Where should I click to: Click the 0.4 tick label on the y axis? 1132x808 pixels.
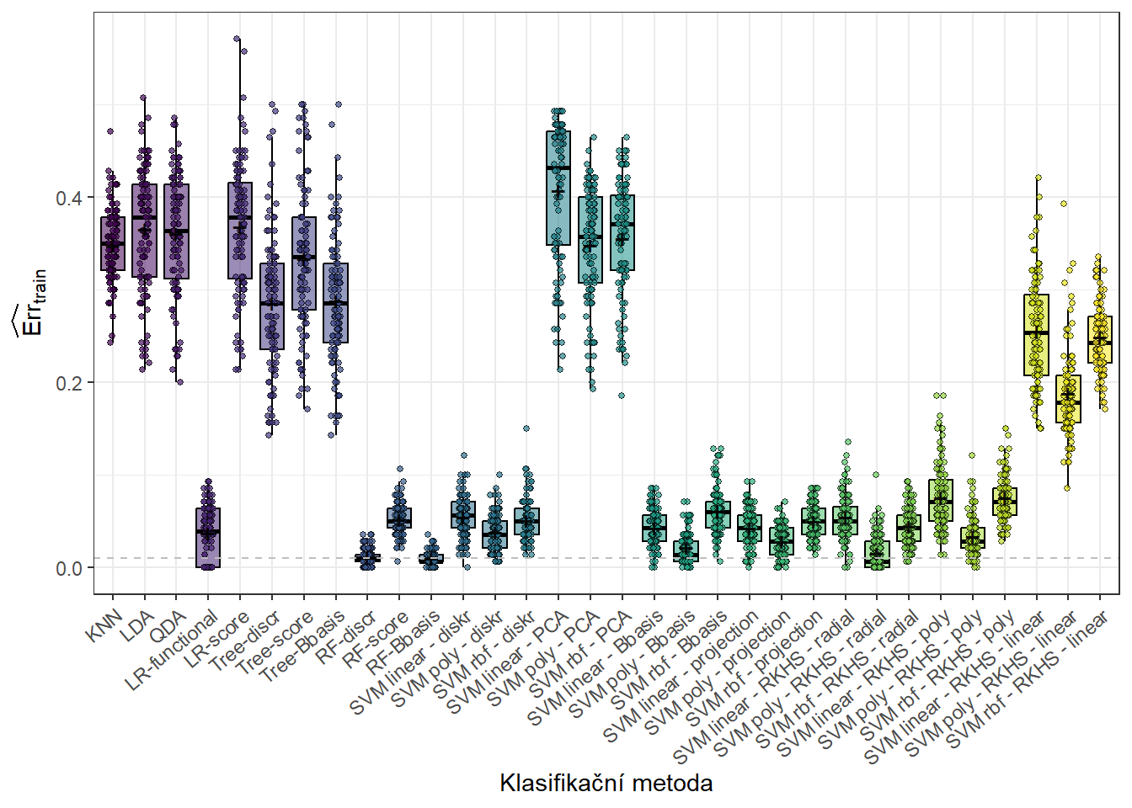click(x=68, y=198)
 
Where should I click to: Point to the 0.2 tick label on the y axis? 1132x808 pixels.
click(x=68, y=383)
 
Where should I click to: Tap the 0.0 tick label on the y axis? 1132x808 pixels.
click(x=68, y=568)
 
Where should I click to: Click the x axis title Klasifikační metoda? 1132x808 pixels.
click(x=606, y=784)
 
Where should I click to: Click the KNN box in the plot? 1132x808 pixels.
click(x=113, y=244)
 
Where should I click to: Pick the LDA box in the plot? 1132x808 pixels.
click(x=144, y=231)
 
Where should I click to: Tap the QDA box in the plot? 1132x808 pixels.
click(x=176, y=231)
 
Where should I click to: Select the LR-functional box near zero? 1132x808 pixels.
click(x=208, y=539)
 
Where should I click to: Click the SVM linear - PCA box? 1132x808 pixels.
click(x=558, y=188)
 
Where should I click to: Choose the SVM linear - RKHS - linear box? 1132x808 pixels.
click(x=1036, y=335)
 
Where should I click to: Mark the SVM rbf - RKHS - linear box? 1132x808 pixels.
click(x=1099, y=340)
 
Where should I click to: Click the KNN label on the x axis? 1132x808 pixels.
click(x=106, y=626)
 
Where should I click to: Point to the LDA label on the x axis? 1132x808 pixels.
click(x=137, y=626)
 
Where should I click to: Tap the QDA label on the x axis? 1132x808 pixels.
click(x=168, y=627)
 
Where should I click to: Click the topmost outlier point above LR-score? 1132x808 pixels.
click(x=238, y=39)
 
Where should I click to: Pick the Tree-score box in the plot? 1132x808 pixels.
click(x=304, y=263)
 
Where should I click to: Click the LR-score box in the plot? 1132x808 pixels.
click(x=240, y=231)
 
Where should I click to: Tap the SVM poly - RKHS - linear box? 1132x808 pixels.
click(x=1068, y=399)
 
